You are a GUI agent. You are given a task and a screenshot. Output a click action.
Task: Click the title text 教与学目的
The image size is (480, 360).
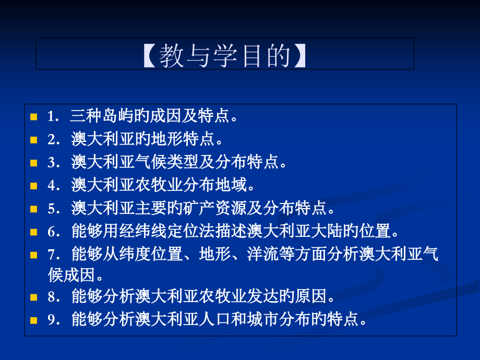pos(225,55)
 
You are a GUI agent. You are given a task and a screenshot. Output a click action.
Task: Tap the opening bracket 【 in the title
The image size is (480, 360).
pos(150,55)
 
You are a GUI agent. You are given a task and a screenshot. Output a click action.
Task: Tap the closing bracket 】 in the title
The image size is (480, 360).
pos(299,55)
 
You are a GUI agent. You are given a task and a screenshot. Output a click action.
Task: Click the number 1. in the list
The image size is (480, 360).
pos(53,116)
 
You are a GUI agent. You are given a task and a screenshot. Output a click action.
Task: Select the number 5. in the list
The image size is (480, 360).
pos(54,209)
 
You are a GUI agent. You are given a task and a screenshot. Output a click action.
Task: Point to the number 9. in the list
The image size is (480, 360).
pos(54,320)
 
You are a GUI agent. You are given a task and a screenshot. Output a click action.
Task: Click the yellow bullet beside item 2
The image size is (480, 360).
pos(34,140)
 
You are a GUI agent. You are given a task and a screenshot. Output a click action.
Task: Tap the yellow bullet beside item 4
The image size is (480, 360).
pos(34,186)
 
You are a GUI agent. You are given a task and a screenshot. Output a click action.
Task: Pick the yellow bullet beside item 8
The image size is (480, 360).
pos(34,297)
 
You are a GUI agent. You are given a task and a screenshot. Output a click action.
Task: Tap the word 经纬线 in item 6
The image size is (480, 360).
pos(142,231)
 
